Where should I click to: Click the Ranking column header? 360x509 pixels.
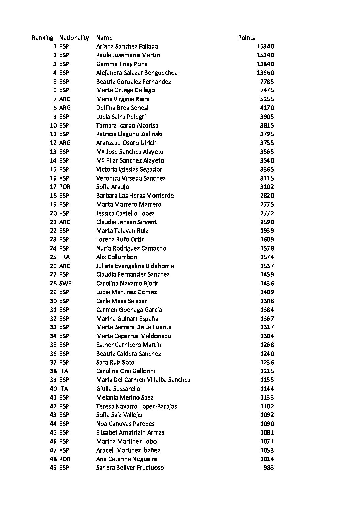click(x=43, y=38)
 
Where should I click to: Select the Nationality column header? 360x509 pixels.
click(x=74, y=38)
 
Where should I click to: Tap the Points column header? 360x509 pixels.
click(x=246, y=38)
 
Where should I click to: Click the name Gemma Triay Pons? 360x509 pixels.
click(x=121, y=64)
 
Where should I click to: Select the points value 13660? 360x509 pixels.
click(x=265, y=73)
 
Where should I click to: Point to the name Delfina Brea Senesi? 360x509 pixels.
click(x=122, y=108)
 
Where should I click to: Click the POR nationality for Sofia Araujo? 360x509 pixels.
click(x=65, y=187)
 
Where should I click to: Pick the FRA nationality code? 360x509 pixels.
click(x=64, y=257)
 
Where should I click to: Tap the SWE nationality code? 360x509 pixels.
click(x=65, y=283)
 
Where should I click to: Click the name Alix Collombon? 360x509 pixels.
click(x=116, y=257)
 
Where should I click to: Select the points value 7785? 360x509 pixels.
click(x=267, y=82)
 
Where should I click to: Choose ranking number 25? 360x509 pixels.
click(x=53, y=257)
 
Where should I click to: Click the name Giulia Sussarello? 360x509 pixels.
click(x=118, y=389)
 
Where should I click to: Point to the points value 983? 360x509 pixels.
click(x=268, y=468)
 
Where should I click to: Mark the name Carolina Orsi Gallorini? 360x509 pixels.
click(x=126, y=371)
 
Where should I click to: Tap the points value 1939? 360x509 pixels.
click(x=267, y=231)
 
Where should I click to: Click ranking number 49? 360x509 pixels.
click(x=53, y=468)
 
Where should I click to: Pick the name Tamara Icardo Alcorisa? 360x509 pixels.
click(x=127, y=125)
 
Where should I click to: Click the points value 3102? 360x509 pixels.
click(x=267, y=187)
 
